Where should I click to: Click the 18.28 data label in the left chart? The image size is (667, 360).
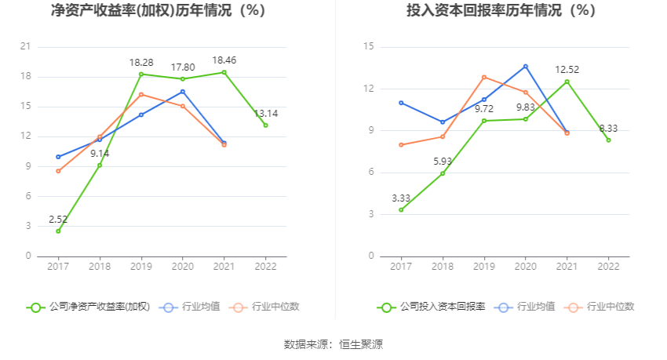pyautogui.click(x=141, y=61)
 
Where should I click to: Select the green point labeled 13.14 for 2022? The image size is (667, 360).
pyautogui.click(x=265, y=125)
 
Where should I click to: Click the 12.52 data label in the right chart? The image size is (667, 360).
pyautogui.click(x=567, y=69)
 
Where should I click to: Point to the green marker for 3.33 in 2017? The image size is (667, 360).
pyautogui.click(x=401, y=209)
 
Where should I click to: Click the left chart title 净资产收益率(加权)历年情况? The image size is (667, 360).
pyautogui.click(x=158, y=11)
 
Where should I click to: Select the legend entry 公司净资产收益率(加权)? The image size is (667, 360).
pyautogui.click(x=88, y=307)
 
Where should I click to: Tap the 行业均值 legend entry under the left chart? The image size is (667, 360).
pyautogui.click(x=191, y=307)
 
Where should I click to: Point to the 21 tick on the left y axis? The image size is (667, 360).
pyautogui.click(x=25, y=47)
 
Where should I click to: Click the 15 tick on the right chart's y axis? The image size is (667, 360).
pyautogui.click(x=368, y=47)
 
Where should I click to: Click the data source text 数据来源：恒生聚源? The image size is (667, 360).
pyautogui.click(x=333, y=344)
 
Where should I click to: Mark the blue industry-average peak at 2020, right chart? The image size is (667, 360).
pyautogui.click(x=526, y=67)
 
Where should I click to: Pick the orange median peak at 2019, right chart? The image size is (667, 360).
pyautogui.click(x=484, y=77)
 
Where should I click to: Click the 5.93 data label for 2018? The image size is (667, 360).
pyautogui.click(x=443, y=161)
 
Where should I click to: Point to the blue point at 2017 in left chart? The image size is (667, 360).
pyautogui.click(x=58, y=157)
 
